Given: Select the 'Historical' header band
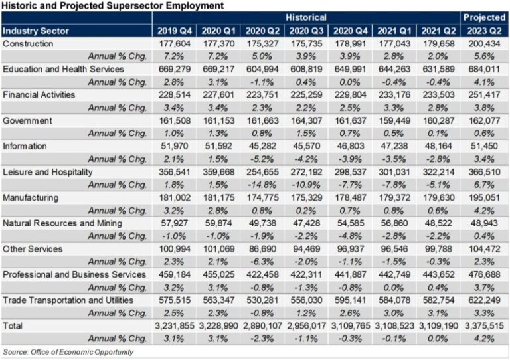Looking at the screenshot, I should pos(306,17).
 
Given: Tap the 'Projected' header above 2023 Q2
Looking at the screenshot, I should pos(483,17).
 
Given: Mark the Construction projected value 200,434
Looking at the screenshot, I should pos(483,43).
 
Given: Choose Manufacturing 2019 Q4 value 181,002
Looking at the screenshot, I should pos(176,197).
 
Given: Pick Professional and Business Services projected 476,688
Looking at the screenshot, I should pos(483,274).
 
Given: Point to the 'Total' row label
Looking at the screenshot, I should pos(14,326).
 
